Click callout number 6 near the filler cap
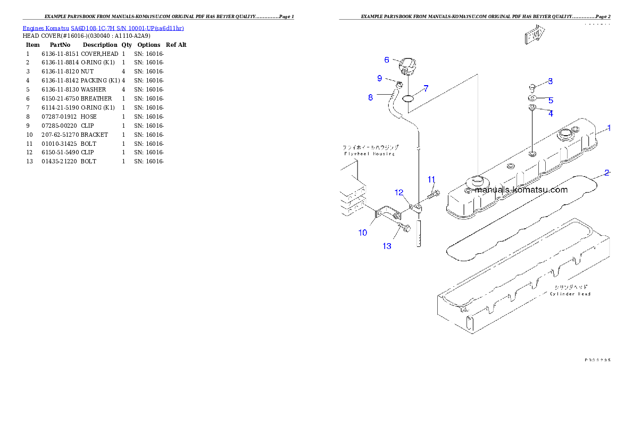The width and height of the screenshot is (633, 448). [x=387, y=60]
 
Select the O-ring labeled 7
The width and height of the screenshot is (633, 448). [x=409, y=98]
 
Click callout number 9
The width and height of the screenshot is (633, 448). [x=379, y=78]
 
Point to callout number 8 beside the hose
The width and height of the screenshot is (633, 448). [x=371, y=97]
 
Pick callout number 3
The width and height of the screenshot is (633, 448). [x=550, y=81]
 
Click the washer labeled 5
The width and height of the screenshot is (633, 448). [x=532, y=98]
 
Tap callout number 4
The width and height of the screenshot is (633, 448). [x=551, y=113]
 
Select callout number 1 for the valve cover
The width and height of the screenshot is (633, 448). [x=609, y=128]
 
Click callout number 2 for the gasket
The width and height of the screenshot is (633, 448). [x=607, y=173]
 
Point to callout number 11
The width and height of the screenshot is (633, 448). [x=431, y=179]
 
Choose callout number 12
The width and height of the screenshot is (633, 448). [x=399, y=192]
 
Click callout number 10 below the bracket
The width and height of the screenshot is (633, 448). [x=362, y=233]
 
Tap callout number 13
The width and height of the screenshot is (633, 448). [x=387, y=246]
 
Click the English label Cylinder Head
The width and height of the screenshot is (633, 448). [x=570, y=294]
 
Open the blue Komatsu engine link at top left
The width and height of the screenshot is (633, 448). [x=103, y=28]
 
